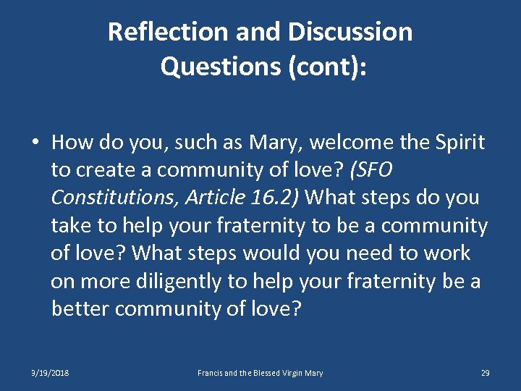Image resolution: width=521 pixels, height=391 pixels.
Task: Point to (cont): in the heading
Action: point(327,67)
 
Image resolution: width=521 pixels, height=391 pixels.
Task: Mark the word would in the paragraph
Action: point(271,253)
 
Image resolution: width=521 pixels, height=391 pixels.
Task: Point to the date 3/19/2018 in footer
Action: point(49,373)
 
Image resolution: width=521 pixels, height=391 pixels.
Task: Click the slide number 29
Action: point(485,373)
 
